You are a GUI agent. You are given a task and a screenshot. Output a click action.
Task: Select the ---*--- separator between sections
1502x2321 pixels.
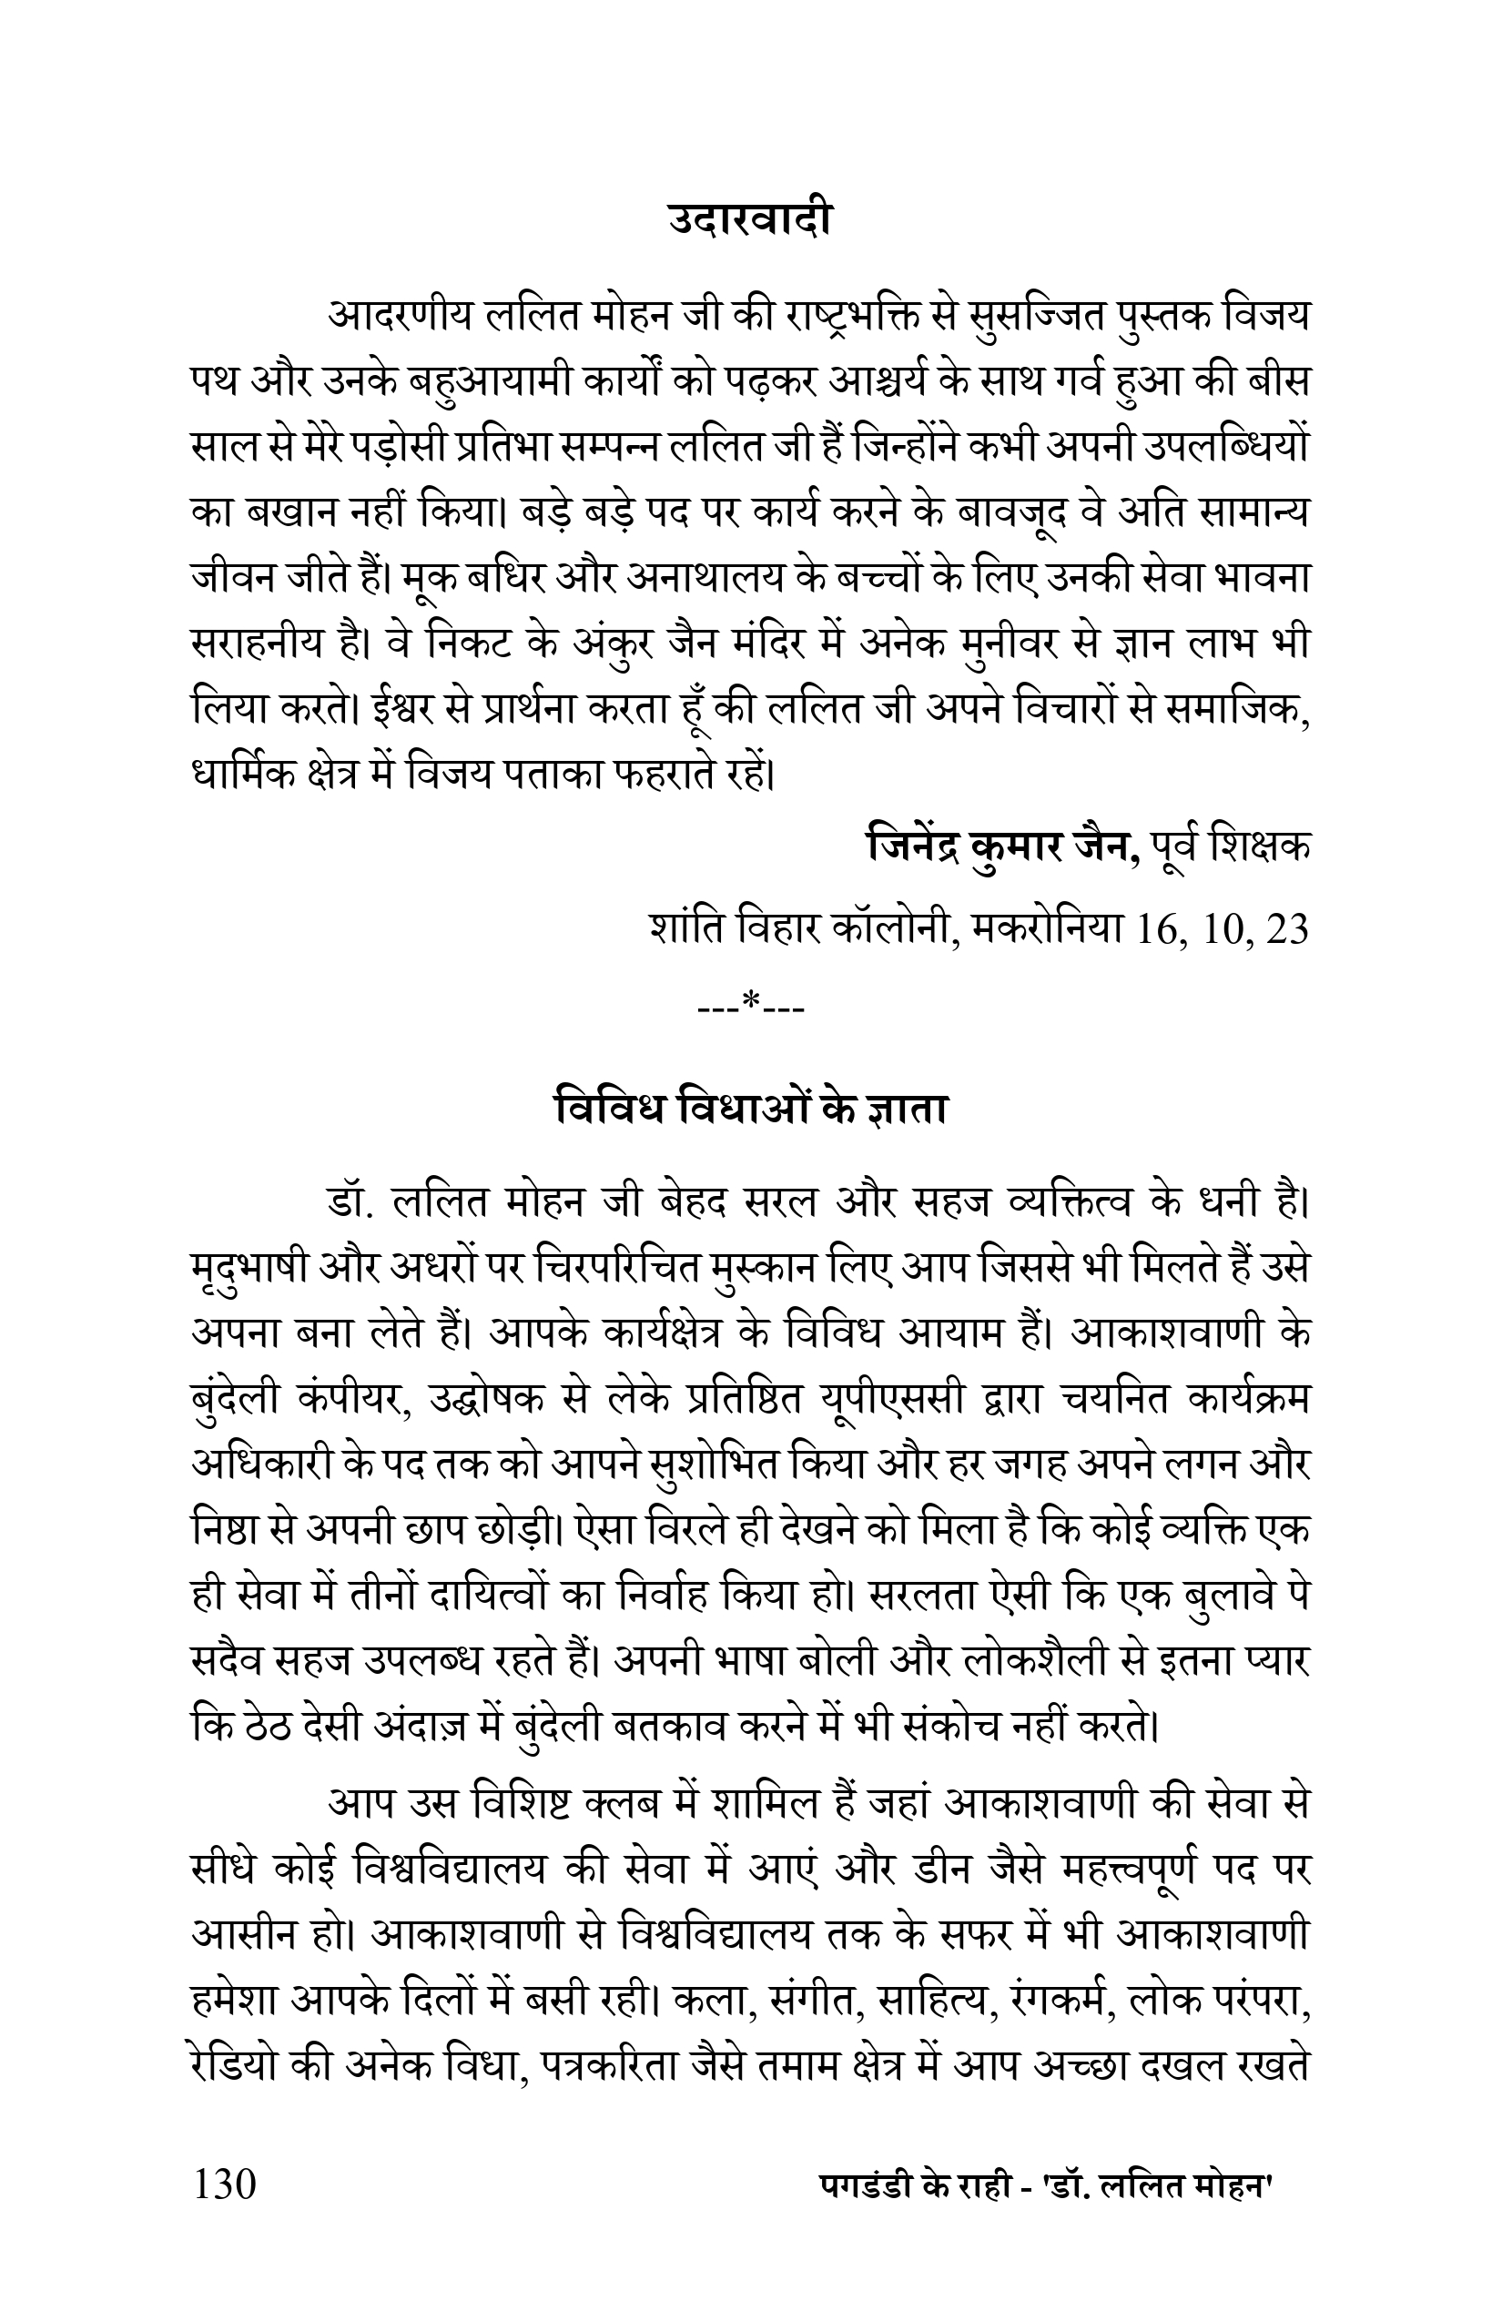(751, 1001)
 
